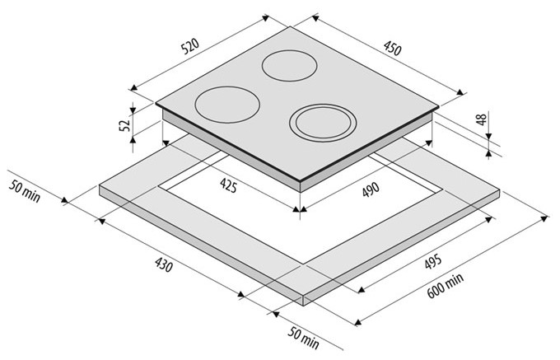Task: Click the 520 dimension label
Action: point(189,46)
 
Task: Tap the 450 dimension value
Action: point(393,49)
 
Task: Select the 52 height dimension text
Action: point(125,125)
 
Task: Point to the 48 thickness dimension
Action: point(482,119)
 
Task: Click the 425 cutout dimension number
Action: point(228,185)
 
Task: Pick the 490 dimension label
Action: point(371,189)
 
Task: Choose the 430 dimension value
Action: point(164,264)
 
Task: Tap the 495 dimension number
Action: point(433,262)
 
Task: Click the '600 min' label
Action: point(446,285)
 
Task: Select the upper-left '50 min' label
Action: point(24,191)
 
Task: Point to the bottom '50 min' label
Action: point(303,338)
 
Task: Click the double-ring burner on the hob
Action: point(323,123)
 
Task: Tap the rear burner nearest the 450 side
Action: point(289,65)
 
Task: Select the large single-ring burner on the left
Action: point(227,105)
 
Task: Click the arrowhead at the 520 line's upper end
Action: point(265,17)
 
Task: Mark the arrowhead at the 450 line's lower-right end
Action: point(460,92)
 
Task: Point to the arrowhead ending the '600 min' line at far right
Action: point(544,217)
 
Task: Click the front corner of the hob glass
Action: point(300,181)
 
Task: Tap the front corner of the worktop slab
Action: point(303,296)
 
